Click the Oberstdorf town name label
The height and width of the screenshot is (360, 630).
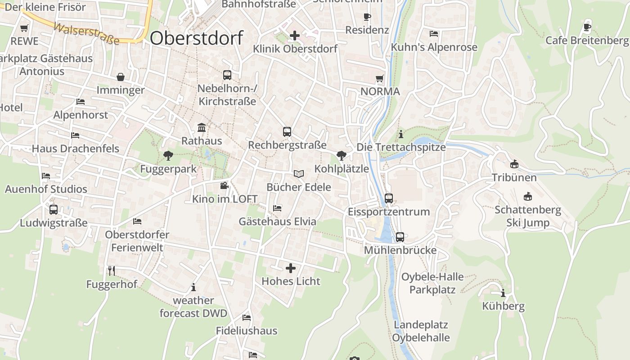(196, 38)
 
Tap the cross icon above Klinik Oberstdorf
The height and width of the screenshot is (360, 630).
(295, 35)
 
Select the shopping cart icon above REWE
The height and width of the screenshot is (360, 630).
(24, 28)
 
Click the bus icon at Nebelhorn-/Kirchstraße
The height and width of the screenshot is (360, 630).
(227, 75)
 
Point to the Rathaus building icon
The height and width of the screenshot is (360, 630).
(202, 128)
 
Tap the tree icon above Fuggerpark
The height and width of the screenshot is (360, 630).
(168, 156)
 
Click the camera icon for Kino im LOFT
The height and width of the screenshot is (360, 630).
(224, 185)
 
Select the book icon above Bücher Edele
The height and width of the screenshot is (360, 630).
(299, 174)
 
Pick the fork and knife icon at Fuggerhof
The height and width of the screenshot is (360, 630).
(112, 270)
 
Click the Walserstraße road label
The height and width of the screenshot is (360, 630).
(86, 34)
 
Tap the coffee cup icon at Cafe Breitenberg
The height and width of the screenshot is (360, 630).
(587, 27)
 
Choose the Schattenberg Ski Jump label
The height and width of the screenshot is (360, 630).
(528, 216)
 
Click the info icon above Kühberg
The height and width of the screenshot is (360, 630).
(503, 293)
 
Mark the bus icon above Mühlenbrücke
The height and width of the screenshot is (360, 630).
(400, 237)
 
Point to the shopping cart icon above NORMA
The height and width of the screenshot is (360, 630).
(380, 79)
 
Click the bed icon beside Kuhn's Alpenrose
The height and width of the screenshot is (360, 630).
(434, 34)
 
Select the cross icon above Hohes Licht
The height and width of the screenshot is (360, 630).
(291, 268)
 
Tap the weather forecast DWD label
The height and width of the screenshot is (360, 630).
(193, 306)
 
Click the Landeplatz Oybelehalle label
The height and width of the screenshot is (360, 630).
(421, 331)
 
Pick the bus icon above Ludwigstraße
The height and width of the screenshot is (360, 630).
(54, 209)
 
